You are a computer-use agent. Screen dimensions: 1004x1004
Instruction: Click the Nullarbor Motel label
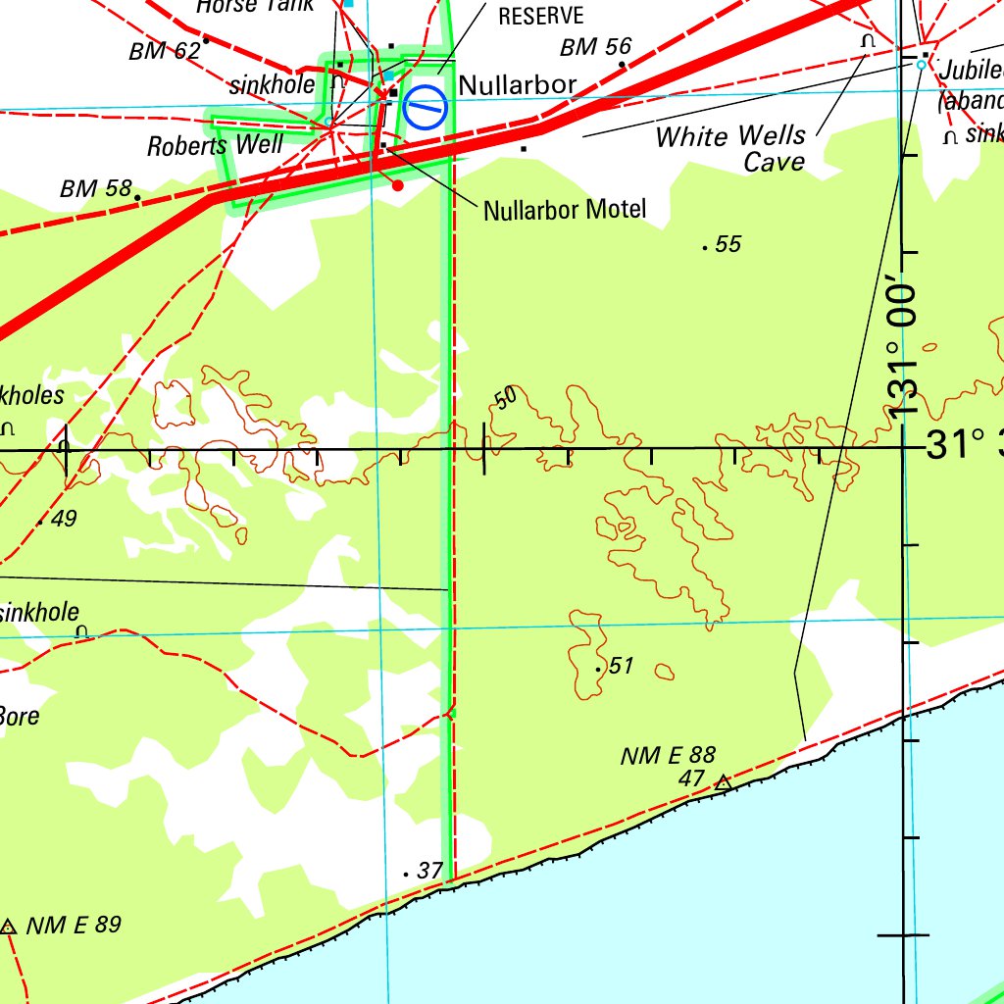[x=565, y=209]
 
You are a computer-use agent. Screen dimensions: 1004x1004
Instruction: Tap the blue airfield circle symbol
[x=426, y=107]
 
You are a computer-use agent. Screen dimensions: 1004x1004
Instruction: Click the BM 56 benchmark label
[x=595, y=46]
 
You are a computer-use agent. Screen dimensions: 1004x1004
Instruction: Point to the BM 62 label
[x=164, y=51]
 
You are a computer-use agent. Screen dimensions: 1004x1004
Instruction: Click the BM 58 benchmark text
[x=95, y=188]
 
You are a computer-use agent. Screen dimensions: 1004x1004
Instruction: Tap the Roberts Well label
[x=215, y=146]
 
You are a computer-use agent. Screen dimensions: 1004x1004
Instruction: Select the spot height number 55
[x=728, y=244]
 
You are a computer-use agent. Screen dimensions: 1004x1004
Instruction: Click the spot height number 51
[x=622, y=667]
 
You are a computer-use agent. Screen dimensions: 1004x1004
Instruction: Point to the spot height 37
[x=429, y=870]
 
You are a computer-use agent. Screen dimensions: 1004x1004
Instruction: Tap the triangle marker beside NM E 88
[x=723, y=782]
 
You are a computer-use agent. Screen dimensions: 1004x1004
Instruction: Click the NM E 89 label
[x=74, y=925]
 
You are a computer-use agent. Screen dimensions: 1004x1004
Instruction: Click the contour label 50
[x=505, y=397]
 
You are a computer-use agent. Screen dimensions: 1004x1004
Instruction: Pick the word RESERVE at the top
[x=540, y=16]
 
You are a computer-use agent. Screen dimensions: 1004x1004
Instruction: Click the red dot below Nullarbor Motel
[x=397, y=184]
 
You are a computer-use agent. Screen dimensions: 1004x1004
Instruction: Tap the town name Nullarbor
[x=517, y=85]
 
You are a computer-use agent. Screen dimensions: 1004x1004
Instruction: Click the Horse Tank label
[x=255, y=6]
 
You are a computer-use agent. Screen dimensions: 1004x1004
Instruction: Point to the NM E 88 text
[x=668, y=755]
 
